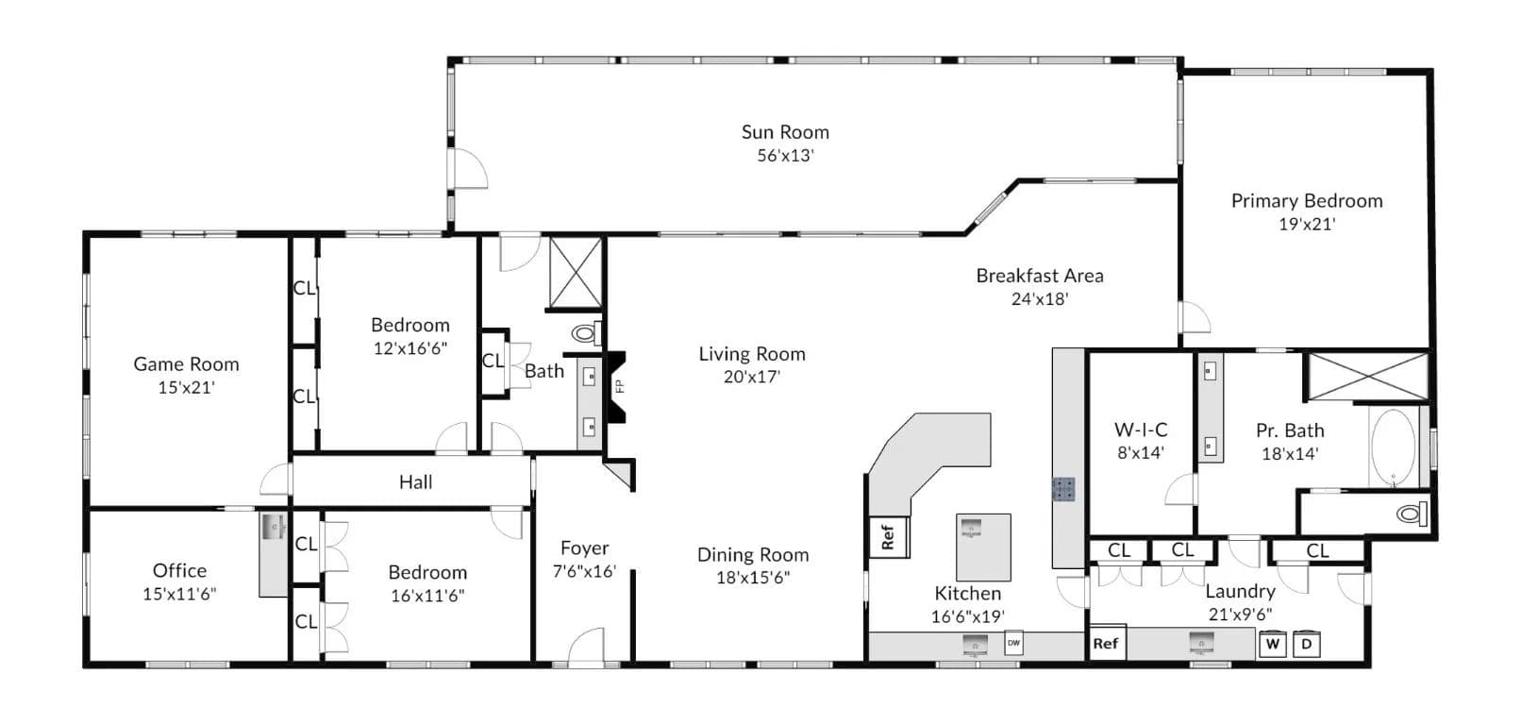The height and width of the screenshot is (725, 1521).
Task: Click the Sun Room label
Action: point(785,132)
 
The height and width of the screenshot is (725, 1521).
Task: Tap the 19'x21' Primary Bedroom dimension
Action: point(1307,225)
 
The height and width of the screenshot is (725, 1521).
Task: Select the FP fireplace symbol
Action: point(616,387)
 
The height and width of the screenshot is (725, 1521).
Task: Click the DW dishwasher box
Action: point(1013,643)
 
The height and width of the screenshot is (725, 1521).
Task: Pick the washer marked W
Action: point(1273,644)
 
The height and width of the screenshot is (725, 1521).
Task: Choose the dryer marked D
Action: point(1306,644)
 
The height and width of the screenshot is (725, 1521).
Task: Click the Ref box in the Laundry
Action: point(1107,643)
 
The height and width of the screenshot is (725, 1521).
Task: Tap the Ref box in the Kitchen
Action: point(888,537)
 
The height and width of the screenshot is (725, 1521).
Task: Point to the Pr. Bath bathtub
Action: point(1393,447)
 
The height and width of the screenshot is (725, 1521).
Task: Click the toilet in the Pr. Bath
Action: point(1412,514)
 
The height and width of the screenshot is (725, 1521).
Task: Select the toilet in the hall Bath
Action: point(586,333)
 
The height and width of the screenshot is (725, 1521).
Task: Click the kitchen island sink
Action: point(972,529)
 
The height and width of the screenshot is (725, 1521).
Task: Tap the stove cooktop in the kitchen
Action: point(1063,489)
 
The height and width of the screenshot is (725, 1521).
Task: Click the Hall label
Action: point(415,482)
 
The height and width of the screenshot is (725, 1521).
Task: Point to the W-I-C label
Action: point(1141,430)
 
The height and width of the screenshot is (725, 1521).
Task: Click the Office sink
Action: point(274,526)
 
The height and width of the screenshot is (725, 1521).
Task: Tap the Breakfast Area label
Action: point(1040,276)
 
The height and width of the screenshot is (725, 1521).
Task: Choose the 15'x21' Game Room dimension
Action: point(186,387)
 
